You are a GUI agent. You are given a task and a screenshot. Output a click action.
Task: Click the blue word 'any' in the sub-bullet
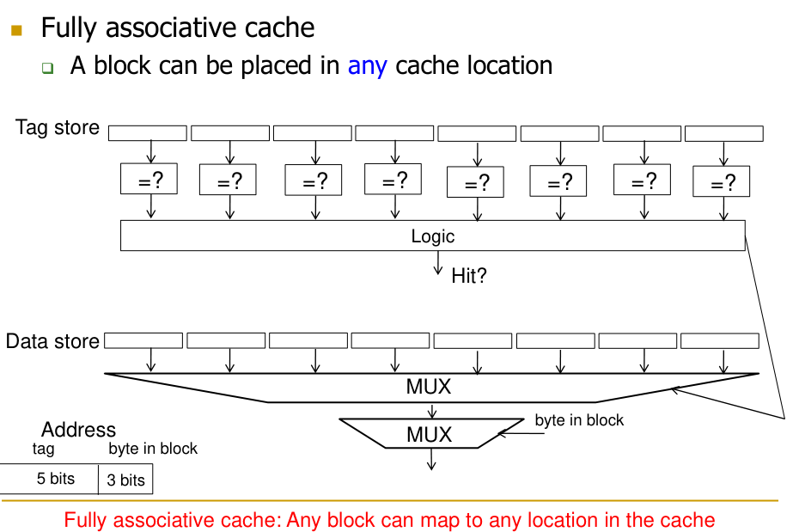tap(367, 65)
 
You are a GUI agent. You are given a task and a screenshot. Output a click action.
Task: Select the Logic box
tap(432, 236)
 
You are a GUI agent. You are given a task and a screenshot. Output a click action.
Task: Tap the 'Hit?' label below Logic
tap(469, 276)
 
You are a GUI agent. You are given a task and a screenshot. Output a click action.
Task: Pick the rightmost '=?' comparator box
tap(721, 182)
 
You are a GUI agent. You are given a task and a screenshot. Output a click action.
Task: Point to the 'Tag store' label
tap(58, 129)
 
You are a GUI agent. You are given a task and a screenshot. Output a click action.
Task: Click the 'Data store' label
tap(52, 341)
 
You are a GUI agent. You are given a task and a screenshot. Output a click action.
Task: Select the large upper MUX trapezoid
tap(429, 387)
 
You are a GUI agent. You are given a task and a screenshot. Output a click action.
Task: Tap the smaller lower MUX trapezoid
tap(430, 434)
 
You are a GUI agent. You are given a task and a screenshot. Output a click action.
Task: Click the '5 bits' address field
tap(55, 479)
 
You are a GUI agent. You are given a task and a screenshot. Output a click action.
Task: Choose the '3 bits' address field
tap(125, 480)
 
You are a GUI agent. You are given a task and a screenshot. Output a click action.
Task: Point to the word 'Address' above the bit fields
tap(78, 430)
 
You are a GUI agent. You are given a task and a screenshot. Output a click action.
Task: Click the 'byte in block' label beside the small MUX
tap(579, 420)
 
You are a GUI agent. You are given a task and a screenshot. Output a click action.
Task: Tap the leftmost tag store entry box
tap(148, 133)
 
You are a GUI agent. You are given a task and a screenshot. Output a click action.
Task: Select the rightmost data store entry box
tap(719, 341)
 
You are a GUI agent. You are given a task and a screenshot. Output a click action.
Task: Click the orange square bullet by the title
tap(16, 30)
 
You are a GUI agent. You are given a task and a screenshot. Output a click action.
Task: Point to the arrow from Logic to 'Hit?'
tap(437, 262)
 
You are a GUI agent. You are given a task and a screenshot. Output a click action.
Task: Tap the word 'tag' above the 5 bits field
tap(43, 449)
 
